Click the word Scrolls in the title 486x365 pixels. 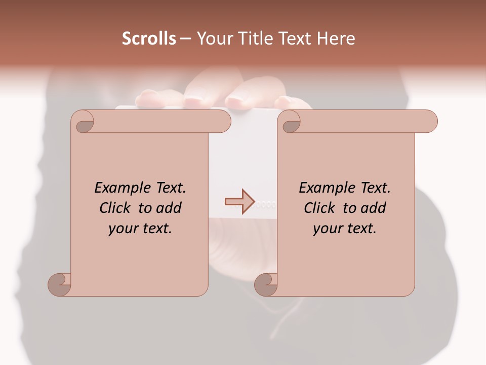click(x=149, y=39)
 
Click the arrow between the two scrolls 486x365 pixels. click(x=239, y=201)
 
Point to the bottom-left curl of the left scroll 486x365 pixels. click(x=60, y=284)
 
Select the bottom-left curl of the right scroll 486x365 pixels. click(x=266, y=284)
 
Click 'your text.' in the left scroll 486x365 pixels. click(x=140, y=229)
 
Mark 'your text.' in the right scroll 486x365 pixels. click(x=345, y=229)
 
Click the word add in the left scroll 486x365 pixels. click(x=169, y=208)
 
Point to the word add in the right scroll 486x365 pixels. click(x=374, y=208)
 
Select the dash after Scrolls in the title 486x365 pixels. click(x=186, y=39)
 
